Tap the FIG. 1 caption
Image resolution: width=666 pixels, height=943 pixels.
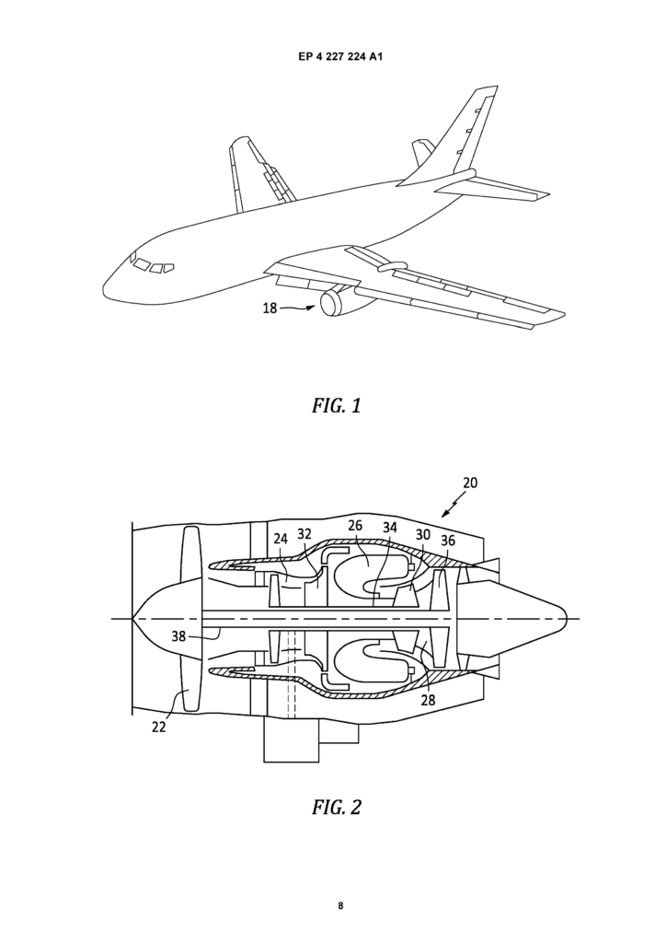coord(337,405)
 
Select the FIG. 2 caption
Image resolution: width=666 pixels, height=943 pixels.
coord(337,807)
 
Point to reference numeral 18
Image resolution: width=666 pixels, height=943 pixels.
coord(270,308)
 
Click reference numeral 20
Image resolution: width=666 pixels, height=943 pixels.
coord(470,483)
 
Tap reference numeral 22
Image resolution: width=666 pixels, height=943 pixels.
coord(158,727)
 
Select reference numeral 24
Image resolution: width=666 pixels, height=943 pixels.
coord(281,539)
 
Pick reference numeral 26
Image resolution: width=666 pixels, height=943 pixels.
coord(355,526)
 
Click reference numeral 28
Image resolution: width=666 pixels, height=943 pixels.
coord(428,700)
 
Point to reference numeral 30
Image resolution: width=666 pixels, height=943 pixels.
coord(423,535)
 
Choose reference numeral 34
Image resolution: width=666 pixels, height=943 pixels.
coord(390,528)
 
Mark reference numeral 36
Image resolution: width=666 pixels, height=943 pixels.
coord(448,540)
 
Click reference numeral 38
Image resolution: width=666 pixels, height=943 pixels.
coord(179,635)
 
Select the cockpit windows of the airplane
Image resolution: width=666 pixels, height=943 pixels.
coord(152,264)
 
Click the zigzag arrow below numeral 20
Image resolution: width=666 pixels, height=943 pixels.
coord(452,506)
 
